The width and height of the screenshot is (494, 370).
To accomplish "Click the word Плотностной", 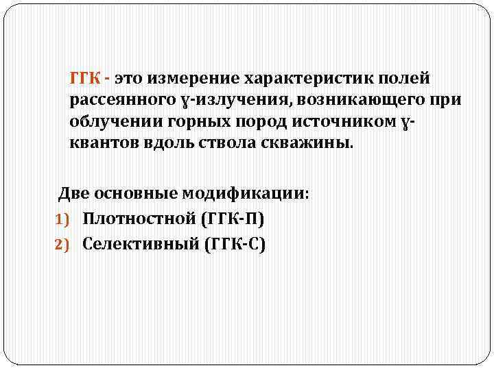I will coord(139,219).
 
